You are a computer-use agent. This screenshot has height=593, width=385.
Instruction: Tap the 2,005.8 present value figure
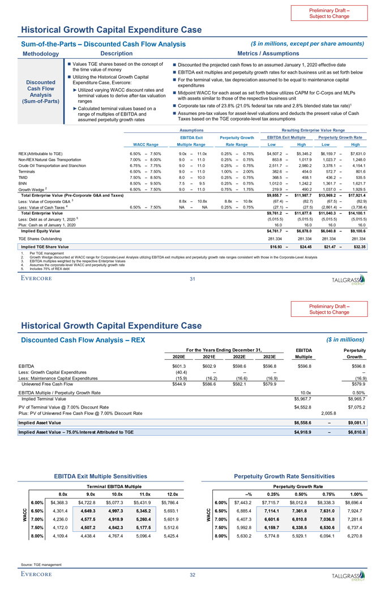tap(330, 413)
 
